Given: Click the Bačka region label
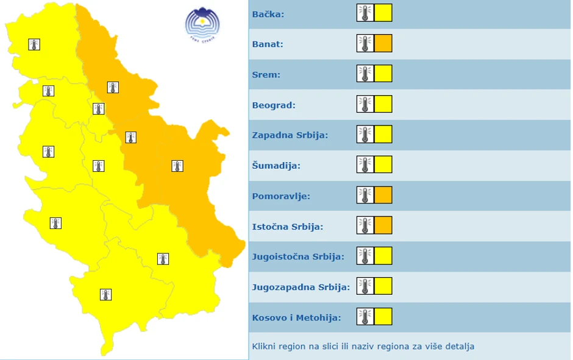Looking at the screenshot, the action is (x=268, y=13).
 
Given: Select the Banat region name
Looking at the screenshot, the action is (x=268, y=44).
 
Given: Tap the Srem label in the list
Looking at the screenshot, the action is (x=266, y=74).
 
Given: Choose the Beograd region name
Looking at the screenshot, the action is (x=274, y=105).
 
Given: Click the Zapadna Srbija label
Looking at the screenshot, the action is (x=290, y=135).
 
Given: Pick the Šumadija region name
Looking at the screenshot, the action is (x=275, y=166).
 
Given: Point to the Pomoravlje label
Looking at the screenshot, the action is (x=281, y=196).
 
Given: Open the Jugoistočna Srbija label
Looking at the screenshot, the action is (x=298, y=256).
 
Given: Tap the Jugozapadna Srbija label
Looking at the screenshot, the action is (x=301, y=287).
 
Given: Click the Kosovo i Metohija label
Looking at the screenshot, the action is (x=296, y=317).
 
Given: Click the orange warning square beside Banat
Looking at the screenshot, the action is (x=383, y=43).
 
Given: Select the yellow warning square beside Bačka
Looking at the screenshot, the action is (x=383, y=13).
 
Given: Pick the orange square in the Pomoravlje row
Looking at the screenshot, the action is (x=383, y=196).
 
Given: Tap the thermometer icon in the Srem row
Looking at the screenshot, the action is (x=365, y=74).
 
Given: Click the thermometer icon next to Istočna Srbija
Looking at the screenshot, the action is (x=365, y=226).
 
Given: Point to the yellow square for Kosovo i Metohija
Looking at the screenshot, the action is (x=383, y=317).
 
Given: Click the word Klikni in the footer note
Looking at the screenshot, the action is (x=263, y=347).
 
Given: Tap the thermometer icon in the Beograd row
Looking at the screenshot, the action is (x=365, y=104).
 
